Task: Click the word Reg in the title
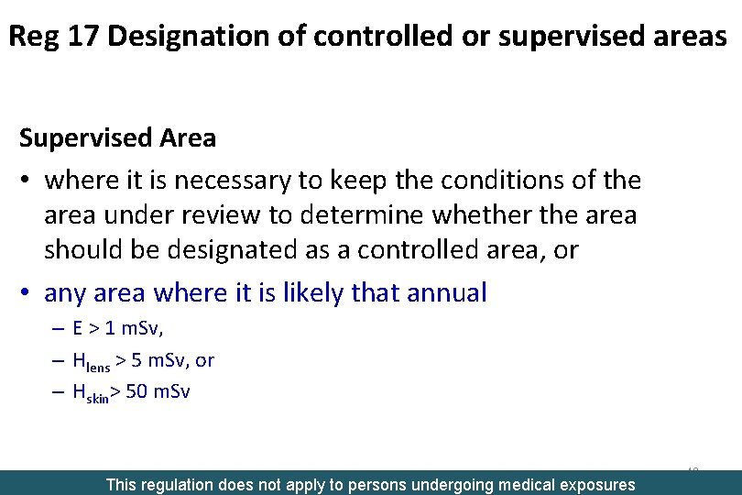tap(32, 37)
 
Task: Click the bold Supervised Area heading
tap(117, 138)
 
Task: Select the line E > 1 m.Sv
tap(125, 329)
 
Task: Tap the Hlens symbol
tap(92, 362)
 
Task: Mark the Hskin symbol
tap(91, 394)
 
